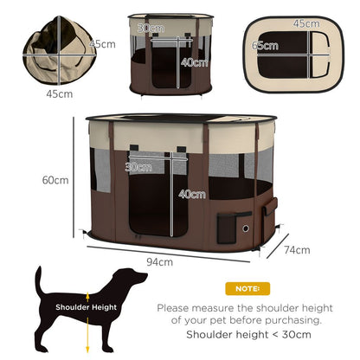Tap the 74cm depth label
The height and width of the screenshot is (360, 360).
(x=297, y=250)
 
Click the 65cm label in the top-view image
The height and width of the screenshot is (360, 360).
(x=260, y=45)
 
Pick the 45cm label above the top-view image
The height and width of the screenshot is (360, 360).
(x=305, y=23)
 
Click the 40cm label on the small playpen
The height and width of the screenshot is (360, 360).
(x=196, y=62)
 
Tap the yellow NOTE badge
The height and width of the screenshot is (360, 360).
(x=247, y=287)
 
